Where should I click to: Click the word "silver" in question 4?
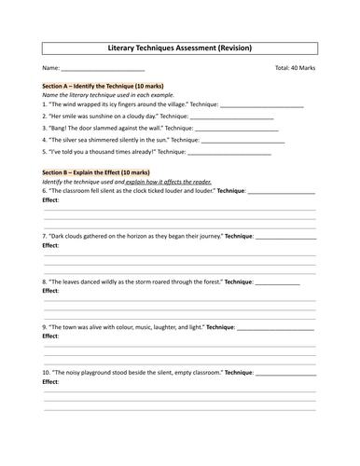click(76, 139)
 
